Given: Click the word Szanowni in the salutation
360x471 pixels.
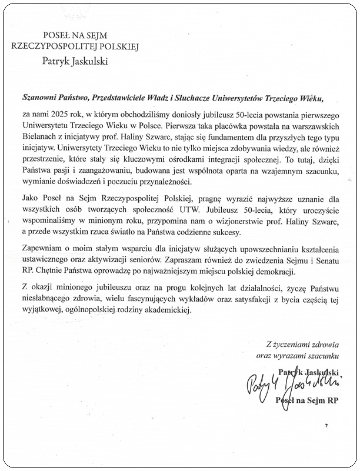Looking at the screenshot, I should tap(39, 98).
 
